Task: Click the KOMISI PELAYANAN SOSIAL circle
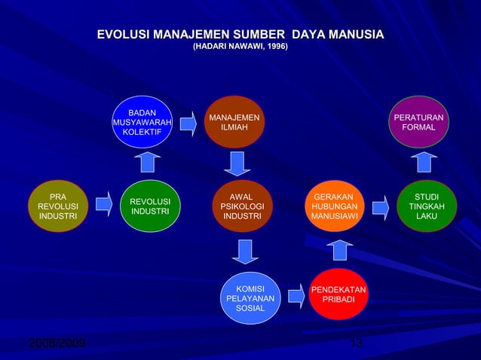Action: [250, 298]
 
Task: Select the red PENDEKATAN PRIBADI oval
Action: [339, 294]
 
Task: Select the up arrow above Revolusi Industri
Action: [149, 162]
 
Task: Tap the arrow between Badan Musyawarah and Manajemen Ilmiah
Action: [188, 124]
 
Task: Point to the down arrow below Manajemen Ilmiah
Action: [237, 163]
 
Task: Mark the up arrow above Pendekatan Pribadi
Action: [339, 250]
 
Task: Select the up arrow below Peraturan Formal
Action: [424, 162]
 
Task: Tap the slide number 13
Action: [357, 345]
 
